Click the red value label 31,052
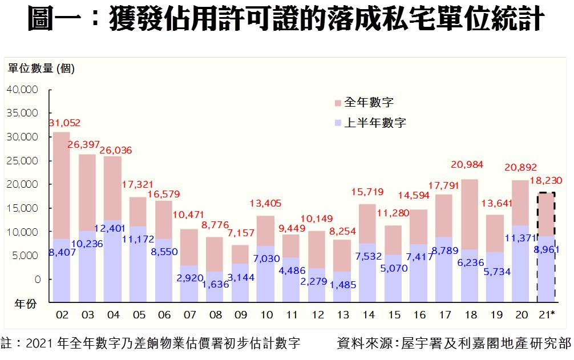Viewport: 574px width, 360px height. tap(64, 123)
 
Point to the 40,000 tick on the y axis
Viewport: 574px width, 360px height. tap(23, 90)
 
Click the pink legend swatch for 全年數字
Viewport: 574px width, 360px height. tap(338, 103)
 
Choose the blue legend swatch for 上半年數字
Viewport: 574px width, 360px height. tap(338, 123)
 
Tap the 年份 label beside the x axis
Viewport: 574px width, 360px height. tap(26, 304)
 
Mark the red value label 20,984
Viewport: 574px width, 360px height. tap(467, 165)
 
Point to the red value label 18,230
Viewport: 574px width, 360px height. tap(546, 181)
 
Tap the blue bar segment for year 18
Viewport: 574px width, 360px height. tap(470, 274)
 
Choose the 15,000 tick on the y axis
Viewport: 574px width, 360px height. tap(23, 208)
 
